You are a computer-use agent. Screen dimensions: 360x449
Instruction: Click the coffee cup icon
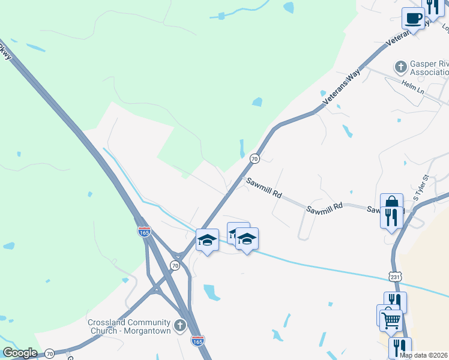click(412, 18)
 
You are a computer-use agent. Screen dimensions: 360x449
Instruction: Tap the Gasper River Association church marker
click(400, 65)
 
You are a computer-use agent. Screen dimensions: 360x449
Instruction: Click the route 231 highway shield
click(394, 277)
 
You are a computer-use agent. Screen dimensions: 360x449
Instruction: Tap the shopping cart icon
click(390, 320)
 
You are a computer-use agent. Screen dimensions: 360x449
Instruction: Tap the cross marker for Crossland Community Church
click(179, 326)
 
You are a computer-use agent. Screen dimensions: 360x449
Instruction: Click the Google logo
click(20, 353)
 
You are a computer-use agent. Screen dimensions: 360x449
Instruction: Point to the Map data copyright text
click(424, 355)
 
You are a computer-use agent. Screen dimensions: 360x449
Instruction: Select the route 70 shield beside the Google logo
click(50, 353)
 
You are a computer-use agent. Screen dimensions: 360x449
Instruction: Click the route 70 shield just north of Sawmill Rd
click(255, 159)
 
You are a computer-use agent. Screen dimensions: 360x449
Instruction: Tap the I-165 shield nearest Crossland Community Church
click(197, 340)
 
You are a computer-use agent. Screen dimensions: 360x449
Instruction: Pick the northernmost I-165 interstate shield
click(144, 232)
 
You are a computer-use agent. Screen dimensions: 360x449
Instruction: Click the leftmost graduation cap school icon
click(207, 240)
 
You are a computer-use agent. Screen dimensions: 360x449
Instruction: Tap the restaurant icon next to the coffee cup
click(433, 7)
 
